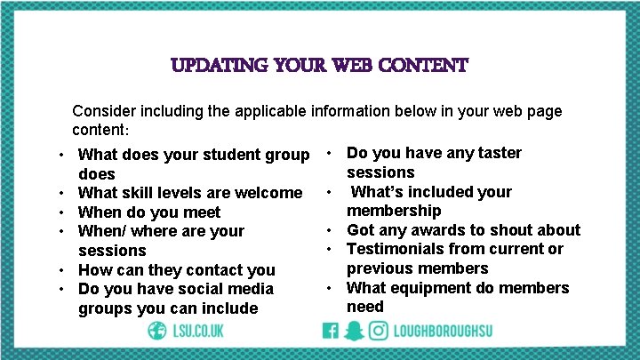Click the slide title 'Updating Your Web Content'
[x=319, y=66]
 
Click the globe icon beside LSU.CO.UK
[x=158, y=331]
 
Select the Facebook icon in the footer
[x=331, y=331]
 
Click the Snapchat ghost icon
[x=354, y=331]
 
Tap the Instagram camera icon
[x=378, y=331]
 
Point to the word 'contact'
[x=217, y=269]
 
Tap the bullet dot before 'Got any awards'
[x=329, y=230]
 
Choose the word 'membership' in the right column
[x=394, y=211]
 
